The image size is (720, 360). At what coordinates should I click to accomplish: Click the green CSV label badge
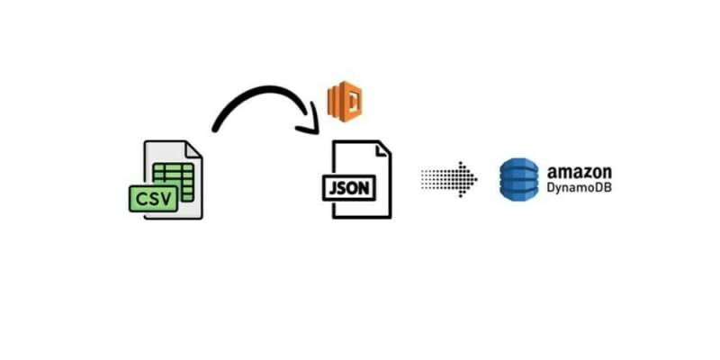tap(151, 197)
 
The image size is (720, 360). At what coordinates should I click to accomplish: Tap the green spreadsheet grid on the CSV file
tap(172, 177)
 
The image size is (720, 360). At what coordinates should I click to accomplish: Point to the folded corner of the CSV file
tap(193, 149)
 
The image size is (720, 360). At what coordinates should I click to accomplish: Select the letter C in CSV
tap(140, 197)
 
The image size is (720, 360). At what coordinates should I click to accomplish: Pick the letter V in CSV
tap(164, 197)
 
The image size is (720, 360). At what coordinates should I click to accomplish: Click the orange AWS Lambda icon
tap(344, 101)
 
